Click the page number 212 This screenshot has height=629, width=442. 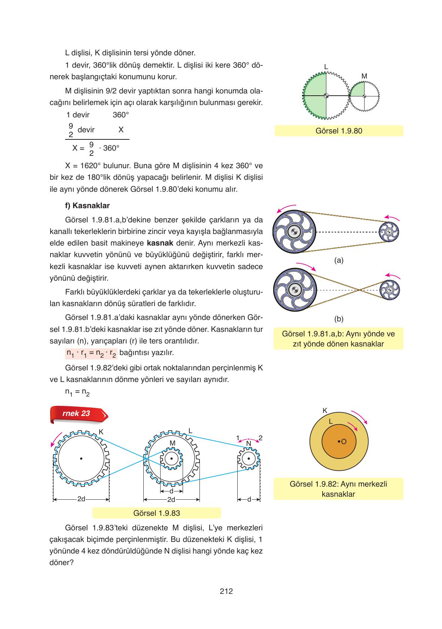(x=226, y=591)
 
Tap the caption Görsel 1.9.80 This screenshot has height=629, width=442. (x=339, y=131)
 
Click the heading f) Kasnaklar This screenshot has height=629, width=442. (x=87, y=206)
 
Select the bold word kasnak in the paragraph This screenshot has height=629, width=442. (x=160, y=243)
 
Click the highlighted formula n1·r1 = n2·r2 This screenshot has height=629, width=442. (x=91, y=354)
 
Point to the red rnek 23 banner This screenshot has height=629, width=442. (x=79, y=414)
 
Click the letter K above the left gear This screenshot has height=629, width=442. (x=101, y=432)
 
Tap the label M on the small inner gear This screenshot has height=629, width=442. (x=173, y=443)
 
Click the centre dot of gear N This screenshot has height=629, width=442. (x=249, y=459)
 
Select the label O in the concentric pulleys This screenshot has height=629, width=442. (x=344, y=442)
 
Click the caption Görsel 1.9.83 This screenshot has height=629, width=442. (x=156, y=513)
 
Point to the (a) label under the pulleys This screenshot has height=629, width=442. (x=339, y=260)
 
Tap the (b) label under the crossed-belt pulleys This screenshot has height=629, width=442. (x=339, y=319)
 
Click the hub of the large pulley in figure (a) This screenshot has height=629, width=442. (x=294, y=232)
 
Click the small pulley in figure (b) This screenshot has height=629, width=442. (x=390, y=290)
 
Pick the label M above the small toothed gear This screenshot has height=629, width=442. (x=364, y=76)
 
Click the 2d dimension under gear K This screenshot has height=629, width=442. (x=81, y=499)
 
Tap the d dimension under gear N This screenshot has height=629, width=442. (x=249, y=500)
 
